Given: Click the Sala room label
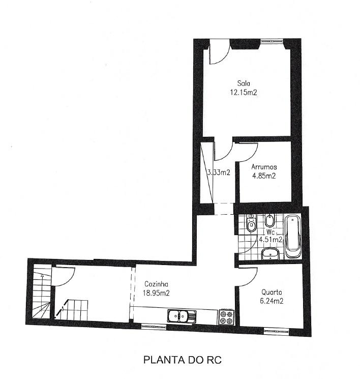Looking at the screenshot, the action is click(244, 83).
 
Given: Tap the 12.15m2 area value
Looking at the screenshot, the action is click(244, 92).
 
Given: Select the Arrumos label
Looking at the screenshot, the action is click(264, 167).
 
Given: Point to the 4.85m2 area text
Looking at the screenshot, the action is click(264, 176).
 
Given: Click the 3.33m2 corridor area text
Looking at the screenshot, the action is click(219, 172).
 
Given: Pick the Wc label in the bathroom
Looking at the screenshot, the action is click(271, 232).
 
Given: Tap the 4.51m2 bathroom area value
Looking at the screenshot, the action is click(271, 240).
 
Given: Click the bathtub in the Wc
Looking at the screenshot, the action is click(293, 237).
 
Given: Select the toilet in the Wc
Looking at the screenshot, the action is click(251, 223).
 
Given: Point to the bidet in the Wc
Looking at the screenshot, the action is click(268, 220).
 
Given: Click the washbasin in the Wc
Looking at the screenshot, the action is click(271, 254).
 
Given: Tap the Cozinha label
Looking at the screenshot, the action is click(156, 284).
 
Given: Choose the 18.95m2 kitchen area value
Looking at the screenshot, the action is click(156, 293).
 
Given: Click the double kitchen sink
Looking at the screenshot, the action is click(182, 316).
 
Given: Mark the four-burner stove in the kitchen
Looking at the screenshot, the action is click(227, 316).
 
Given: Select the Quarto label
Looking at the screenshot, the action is click(272, 292).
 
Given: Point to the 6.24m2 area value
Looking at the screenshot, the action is click(272, 301).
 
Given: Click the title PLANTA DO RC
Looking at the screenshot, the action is click(183, 360).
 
